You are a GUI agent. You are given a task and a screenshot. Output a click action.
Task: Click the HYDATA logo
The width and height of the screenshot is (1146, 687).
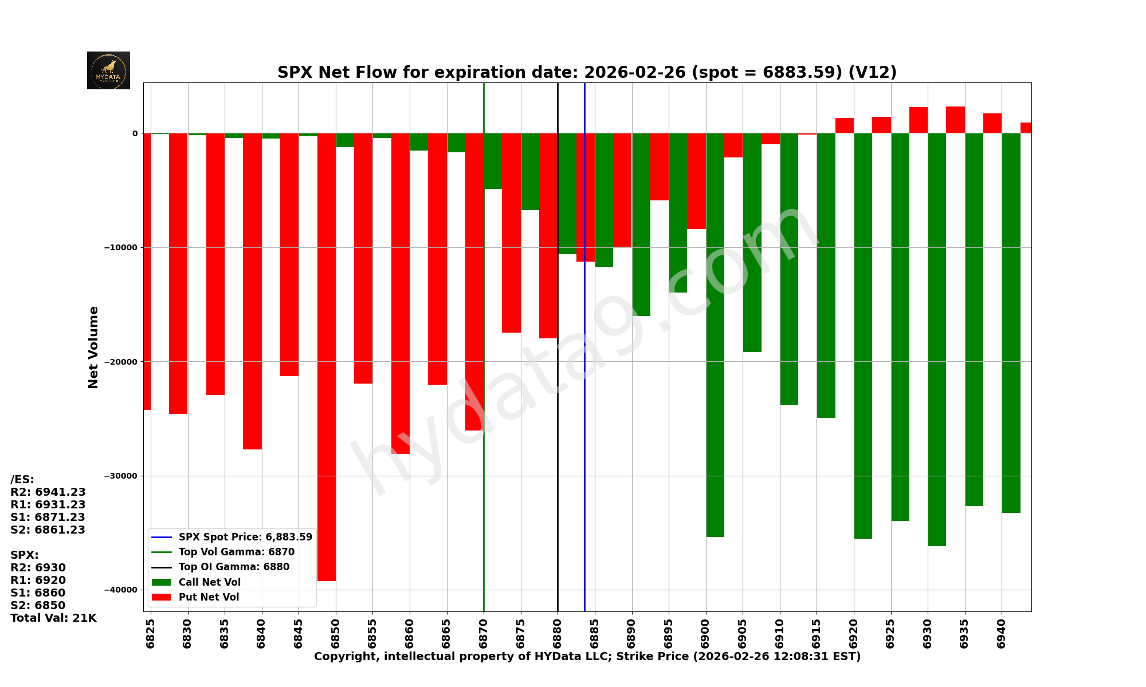pos(108,70)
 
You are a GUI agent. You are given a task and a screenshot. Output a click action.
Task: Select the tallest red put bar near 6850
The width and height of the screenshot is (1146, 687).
pos(327,355)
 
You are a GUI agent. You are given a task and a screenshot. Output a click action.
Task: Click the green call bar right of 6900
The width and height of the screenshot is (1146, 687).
pos(715,332)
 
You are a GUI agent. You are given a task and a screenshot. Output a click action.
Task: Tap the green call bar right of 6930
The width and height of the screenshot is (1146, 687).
pos(937,338)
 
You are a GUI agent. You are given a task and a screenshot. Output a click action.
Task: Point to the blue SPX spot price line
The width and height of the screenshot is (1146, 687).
pos(584,401)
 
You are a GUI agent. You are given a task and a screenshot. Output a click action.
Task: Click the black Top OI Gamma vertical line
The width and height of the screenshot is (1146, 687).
pos(558,429)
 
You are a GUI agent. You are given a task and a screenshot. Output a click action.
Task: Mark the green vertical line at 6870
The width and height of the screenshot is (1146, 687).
pos(484,487)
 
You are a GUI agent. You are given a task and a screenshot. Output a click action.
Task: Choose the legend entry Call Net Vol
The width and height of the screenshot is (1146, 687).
pos(209,582)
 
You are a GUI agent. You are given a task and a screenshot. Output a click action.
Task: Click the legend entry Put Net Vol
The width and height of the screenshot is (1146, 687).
pos(209,597)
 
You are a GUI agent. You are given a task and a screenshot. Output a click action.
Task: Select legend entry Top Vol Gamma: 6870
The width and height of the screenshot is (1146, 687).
pos(236,552)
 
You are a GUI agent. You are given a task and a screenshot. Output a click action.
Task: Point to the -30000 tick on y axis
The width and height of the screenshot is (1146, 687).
pos(121,476)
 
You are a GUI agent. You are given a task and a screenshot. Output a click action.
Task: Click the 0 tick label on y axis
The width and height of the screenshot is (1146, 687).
pos(135,133)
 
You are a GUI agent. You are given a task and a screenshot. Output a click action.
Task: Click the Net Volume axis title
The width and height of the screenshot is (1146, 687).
pos(93,347)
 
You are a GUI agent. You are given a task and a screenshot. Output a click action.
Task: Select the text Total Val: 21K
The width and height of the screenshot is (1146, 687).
pos(53,618)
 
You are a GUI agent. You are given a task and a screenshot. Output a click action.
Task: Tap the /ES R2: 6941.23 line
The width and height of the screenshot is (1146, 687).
pos(48,492)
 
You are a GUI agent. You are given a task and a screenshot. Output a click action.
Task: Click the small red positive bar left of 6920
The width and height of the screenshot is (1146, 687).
pos(845,125)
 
